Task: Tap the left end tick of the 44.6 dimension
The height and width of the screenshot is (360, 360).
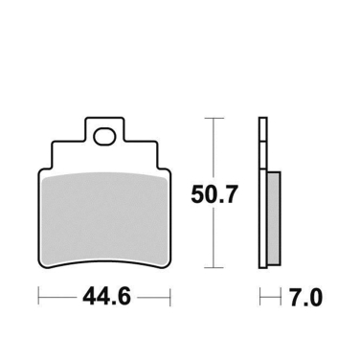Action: (x=39, y=298)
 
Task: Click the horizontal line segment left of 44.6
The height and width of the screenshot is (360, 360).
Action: (x=56, y=298)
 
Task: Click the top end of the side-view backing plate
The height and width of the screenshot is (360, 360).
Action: (x=262, y=119)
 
